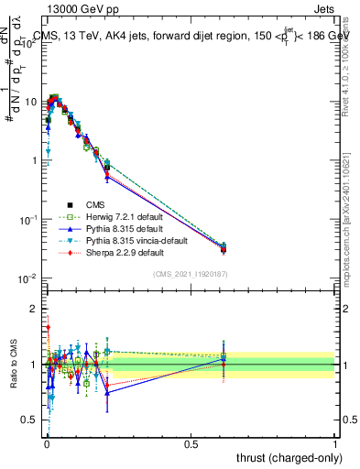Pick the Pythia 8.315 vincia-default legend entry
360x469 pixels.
point(126,240)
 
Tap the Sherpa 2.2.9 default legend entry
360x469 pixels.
point(117,252)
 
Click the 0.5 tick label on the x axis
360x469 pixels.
point(191,442)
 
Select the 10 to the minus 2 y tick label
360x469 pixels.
point(27,278)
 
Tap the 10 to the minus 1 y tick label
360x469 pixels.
point(27,220)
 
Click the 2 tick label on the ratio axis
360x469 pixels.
point(33,309)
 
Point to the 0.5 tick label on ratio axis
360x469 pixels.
point(29,420)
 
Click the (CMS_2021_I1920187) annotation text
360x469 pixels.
point(190,274)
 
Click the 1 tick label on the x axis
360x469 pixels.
point(335,442)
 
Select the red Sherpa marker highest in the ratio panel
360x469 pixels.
point(48,326)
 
